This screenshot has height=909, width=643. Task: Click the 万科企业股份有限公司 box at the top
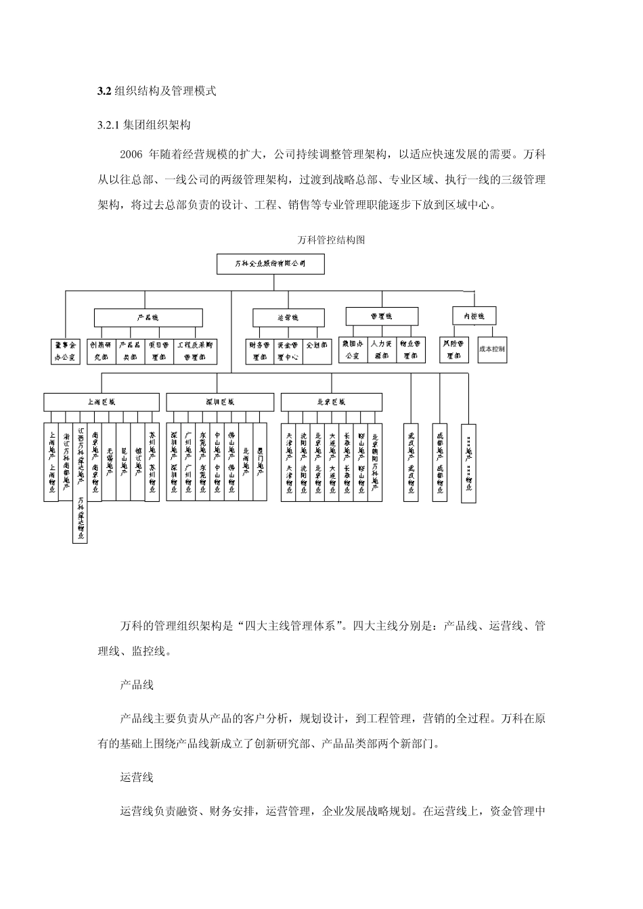tap(270, 264)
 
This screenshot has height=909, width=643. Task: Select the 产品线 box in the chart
tap(148, 317)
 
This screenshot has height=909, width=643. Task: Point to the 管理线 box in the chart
tap(382, 316)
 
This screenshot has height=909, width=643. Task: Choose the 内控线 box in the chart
tap(474, 315)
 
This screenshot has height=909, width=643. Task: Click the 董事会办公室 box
tap(66, 350)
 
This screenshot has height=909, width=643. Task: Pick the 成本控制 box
tap(492, 350)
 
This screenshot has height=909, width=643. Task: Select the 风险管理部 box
tap(453, 350)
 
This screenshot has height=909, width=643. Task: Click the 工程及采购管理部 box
tap(196, 350)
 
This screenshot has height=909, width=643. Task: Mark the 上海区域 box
tap(102, 402)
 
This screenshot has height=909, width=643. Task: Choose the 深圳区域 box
tap(220, 402)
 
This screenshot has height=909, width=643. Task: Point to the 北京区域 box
tap(331, 402)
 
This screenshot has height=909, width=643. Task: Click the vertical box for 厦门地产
tap(261, 462)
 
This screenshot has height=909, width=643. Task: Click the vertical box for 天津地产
tap(289, 462)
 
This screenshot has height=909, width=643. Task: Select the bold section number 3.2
tap(104, 91)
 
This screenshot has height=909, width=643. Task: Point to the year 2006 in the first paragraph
tap(131, 154)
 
